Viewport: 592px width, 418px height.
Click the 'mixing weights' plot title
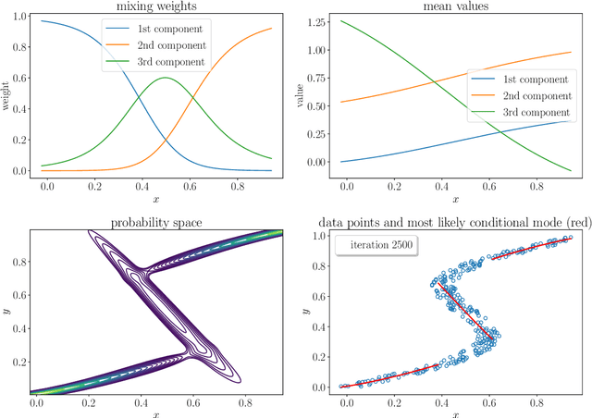click(x=154, y=6)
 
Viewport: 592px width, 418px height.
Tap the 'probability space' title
click(x=154, y=221)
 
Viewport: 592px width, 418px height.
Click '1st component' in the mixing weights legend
click(x=168, y=28)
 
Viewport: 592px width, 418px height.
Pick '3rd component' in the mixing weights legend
click(x=168, y=62)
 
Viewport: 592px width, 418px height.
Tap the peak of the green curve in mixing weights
click(x=164, y=78)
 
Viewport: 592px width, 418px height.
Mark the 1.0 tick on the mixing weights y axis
click(x=16, y=18)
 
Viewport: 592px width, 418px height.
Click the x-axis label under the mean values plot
click(x=454, y=199)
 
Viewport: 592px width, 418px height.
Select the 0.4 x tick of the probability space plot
click(x=140, y=403)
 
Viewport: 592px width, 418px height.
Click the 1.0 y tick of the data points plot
click(x=314, y=237)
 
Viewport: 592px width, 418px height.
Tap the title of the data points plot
click(x=454, y=221)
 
